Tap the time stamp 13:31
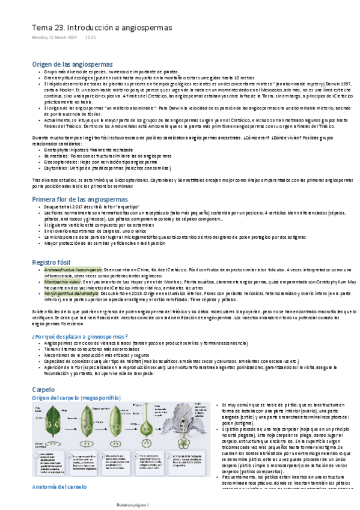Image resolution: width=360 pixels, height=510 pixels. point(91,37)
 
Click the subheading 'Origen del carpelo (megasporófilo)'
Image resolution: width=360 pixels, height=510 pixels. point(76,398)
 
